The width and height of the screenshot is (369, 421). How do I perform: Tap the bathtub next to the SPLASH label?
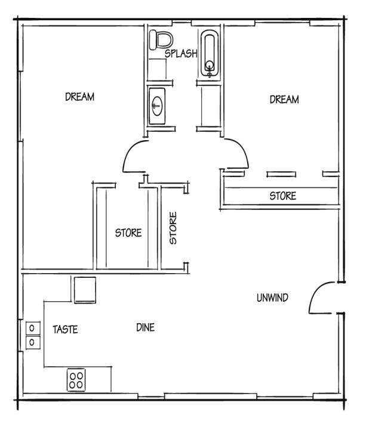coord(210,54)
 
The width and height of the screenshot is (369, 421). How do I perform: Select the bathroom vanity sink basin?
coord(157,107)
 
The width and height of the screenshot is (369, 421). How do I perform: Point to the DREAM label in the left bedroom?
coord(79,97)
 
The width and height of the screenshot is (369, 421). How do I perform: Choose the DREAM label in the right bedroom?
coord(284,100)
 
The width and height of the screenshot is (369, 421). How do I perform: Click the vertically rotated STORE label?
coord(173,228)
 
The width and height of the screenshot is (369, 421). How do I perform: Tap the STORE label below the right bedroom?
coord(282,196)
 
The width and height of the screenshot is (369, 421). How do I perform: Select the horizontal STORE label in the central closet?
coord(128,233)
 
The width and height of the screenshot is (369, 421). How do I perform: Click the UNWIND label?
coord(273,298)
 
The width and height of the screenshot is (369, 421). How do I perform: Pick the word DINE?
coord(145,327)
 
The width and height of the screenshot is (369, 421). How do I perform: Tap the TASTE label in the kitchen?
coord(65,329)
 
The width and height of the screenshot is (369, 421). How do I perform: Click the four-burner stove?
coord(76,380)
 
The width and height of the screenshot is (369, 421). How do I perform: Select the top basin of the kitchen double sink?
coord(31,328)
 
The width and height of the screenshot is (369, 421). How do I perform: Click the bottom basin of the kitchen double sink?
coord(31,342)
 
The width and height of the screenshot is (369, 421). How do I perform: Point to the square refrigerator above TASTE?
coord(84,290)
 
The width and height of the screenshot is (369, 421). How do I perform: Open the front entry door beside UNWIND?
coord(322,296)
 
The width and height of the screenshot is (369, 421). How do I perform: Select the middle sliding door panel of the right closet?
coord(281,174)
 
